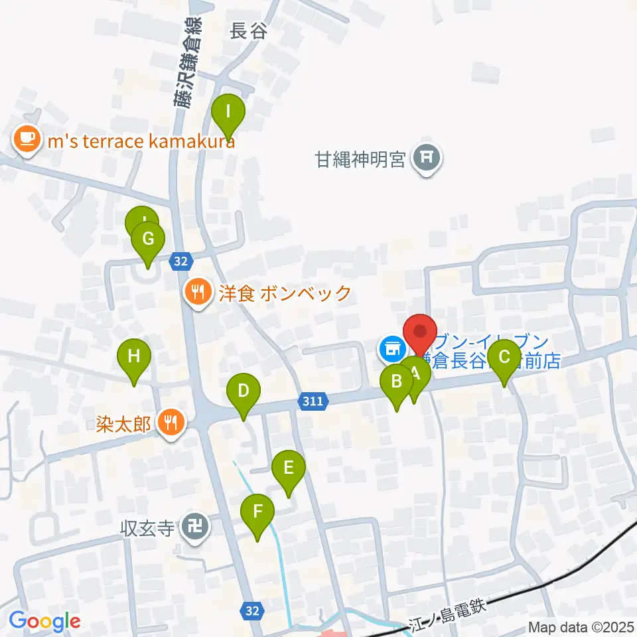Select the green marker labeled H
click(x=134, y=357)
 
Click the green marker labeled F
click(x=259, y=513)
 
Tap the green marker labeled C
click(x=504, y=358)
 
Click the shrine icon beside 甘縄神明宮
click(x=425, y=158)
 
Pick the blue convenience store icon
click(x=391, y=348)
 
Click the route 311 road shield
click(x=312, y=401)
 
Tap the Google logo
click(x=44, y=622)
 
